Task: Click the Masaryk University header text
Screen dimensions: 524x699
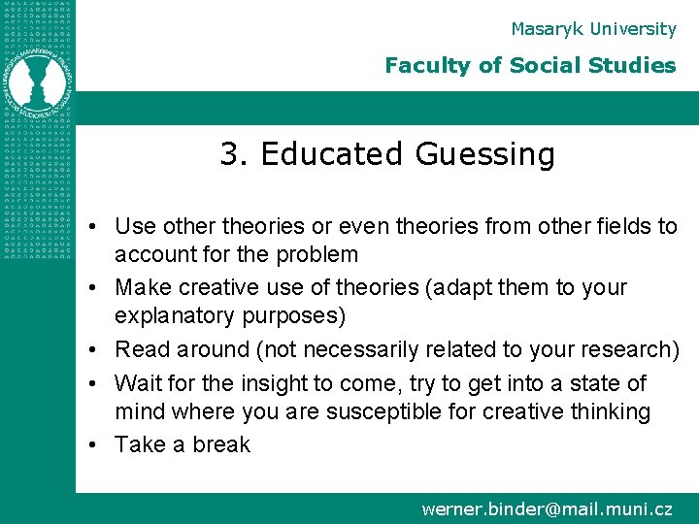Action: [x=593, y=29]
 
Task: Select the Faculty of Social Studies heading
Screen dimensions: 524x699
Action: [x=530, y=66]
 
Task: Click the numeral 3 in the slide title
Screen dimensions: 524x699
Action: [x=229, y=154]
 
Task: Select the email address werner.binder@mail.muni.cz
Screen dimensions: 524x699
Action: [x=547, y=508]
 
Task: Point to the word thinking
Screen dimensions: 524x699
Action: [x=608, y=411]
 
